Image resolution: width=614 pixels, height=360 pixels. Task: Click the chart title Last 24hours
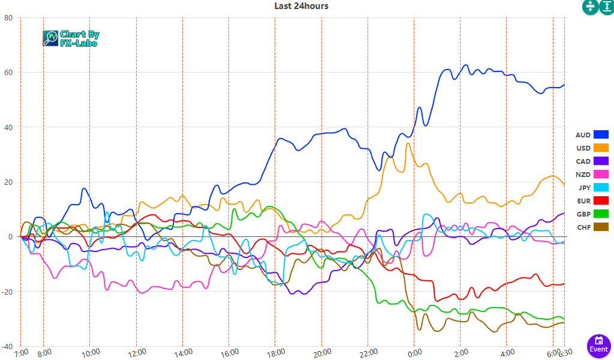click(301, 6)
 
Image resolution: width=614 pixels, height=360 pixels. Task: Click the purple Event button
click(598, 344)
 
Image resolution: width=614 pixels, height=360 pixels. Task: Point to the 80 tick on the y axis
click(8, 18)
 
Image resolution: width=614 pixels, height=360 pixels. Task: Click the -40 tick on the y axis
click(7, 347)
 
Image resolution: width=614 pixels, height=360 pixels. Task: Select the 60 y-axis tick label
click(8, 73)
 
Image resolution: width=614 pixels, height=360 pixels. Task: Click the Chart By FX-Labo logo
click(71, 38)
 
